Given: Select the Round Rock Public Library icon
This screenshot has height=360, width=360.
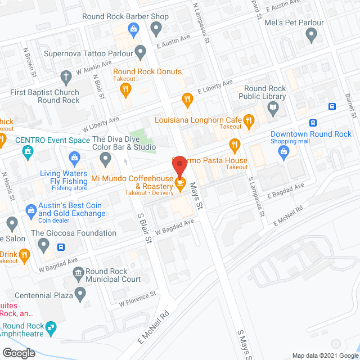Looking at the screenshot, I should point(273,108).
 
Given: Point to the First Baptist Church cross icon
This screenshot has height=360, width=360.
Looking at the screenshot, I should point(65,76).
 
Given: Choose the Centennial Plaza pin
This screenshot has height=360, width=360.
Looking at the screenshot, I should point(80,293).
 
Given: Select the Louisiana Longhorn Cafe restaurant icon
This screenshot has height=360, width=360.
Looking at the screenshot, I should point(248,119).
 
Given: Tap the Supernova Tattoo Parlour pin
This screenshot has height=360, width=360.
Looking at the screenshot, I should point(141,54).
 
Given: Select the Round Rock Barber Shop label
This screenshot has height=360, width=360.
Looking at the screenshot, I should point(125,16).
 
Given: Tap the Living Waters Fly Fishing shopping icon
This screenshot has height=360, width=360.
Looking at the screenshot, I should point(74,157).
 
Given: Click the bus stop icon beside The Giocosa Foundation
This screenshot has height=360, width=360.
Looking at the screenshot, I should point(61,246).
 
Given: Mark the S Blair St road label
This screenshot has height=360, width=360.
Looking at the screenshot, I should point(145,228).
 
